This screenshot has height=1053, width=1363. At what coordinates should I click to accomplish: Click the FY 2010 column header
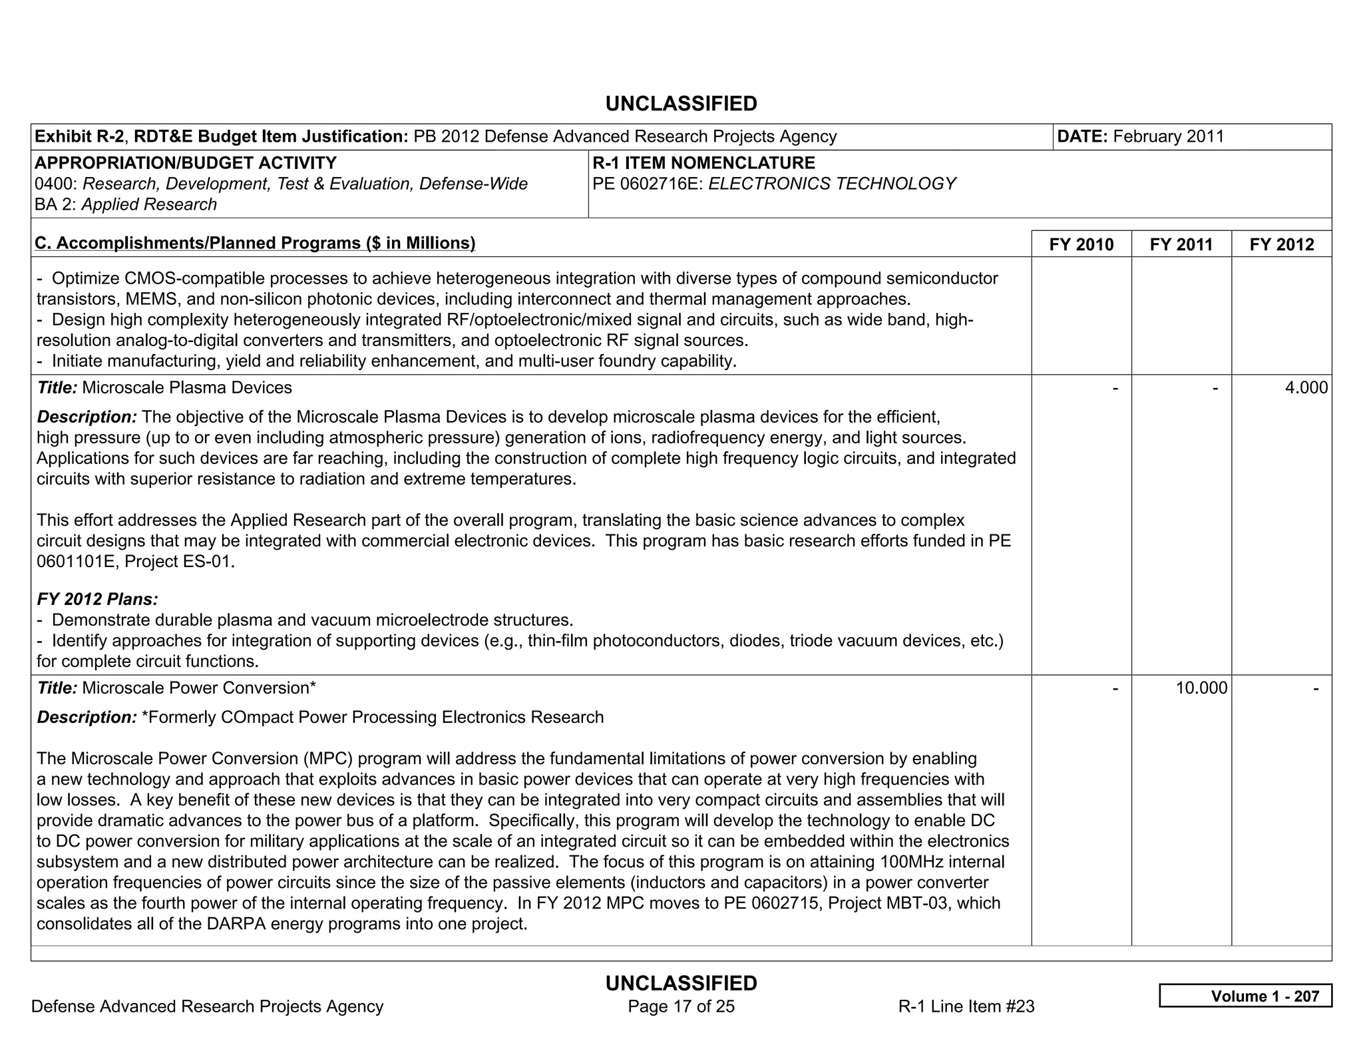pos(1081,244)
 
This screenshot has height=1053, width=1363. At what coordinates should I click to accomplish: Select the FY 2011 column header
pos(1181,244)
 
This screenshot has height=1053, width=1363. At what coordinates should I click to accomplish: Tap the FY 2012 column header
pos(1281,244)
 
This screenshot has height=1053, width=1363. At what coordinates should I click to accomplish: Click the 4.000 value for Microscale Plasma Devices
pos(1306,387)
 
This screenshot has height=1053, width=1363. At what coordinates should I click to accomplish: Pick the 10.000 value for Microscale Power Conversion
pos(1201,688)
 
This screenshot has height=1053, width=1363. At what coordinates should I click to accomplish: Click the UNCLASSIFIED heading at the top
pos(681,104)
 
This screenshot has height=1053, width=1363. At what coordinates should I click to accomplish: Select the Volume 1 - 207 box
pos(1245,996)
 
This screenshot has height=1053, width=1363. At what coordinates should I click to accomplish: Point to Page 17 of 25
pos(681,1006)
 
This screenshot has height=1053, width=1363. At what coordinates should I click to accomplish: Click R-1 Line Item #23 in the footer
pos(966,1006)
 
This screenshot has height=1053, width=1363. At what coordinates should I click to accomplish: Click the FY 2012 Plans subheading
pos(97,599)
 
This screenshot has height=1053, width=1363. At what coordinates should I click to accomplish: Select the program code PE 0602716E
pos(647,184)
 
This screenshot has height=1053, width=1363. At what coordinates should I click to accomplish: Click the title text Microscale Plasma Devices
pos(186,387)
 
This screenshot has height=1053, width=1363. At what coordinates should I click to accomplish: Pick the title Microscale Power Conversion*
pos(198,688)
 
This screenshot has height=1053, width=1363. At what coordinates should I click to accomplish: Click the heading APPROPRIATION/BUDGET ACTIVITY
pos(185,163)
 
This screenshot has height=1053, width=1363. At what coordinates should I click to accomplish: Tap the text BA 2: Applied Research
pos(126,204)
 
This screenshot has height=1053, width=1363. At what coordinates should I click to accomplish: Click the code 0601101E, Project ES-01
pos(135,561)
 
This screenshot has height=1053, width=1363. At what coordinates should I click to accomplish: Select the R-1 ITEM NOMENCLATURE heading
pos(703,163)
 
